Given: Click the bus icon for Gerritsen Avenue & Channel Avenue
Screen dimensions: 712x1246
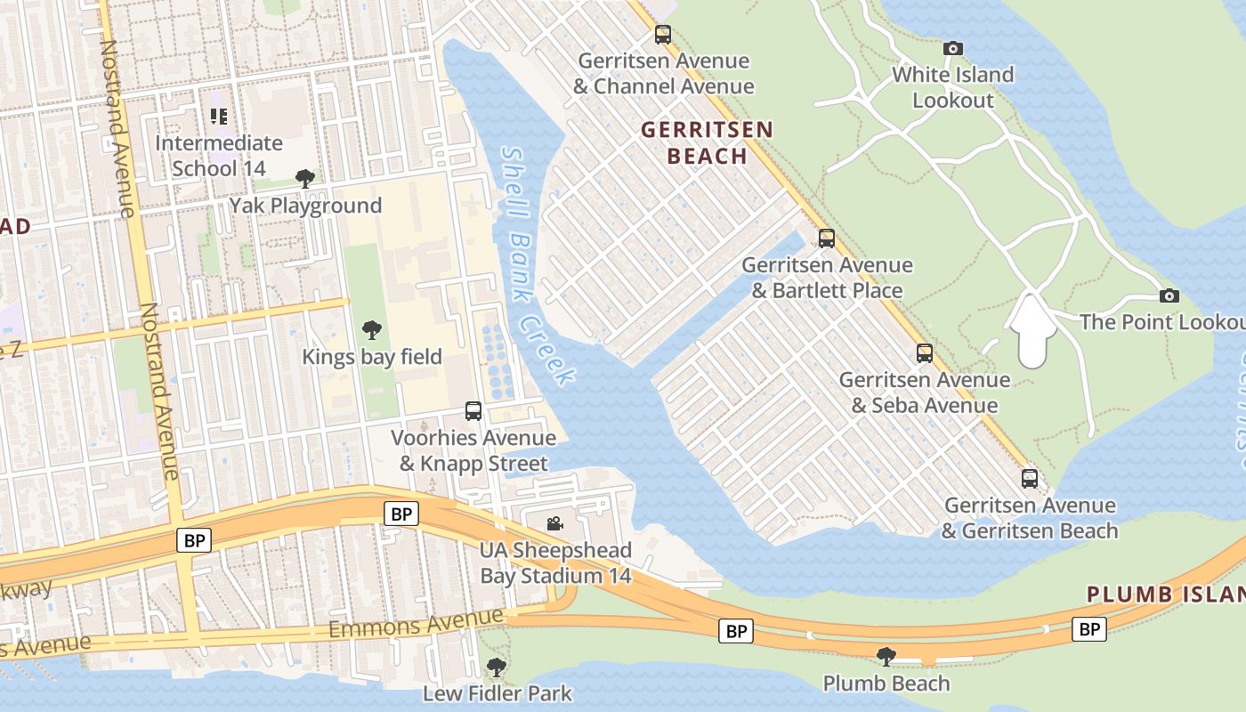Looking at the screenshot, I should point(663,35).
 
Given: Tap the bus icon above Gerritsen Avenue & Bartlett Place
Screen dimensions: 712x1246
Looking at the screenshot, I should point(827,239).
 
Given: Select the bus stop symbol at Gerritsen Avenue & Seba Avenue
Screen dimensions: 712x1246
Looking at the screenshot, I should point(925,353).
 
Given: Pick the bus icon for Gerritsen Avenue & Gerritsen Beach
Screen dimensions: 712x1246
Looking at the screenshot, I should point(1030,479).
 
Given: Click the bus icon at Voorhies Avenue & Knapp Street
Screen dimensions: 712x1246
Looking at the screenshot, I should point(473,411).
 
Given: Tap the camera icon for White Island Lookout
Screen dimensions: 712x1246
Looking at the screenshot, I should point(953,48).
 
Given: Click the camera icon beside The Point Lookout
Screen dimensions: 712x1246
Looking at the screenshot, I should point(1169,295).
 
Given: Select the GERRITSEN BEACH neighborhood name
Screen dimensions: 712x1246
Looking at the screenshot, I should point(708,142).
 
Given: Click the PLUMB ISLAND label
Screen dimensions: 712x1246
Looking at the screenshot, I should point(1166,595).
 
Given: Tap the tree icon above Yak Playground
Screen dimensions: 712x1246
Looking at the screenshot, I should point(305,179).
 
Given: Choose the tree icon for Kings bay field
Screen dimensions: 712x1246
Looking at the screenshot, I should point(372,330).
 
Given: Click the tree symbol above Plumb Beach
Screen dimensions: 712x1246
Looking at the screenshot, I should point(886,657).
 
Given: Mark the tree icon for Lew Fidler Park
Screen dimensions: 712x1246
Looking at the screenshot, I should point(497,667).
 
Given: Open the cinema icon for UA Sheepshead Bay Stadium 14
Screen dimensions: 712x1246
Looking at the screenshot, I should point(555,523).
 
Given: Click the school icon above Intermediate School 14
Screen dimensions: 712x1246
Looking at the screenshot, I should point(219,116).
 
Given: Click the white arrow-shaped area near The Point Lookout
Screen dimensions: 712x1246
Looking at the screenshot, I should point(1031,331).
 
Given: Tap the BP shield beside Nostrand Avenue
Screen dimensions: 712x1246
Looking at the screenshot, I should point(194,540).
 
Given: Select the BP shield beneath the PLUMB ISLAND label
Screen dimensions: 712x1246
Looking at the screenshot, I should point(1089,629).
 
